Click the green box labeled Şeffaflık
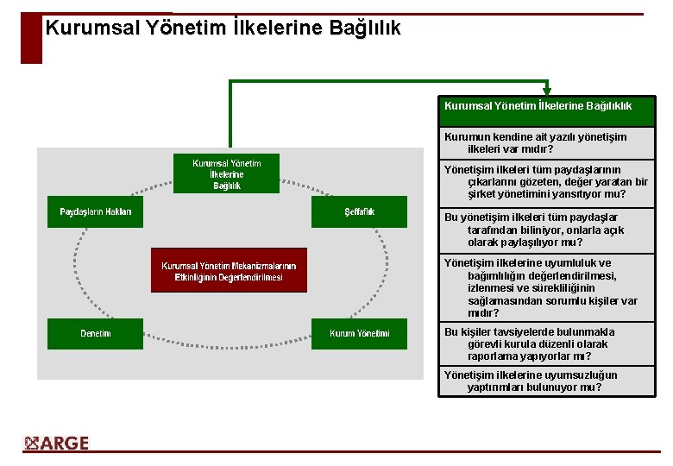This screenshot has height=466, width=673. click(x=359, y=212)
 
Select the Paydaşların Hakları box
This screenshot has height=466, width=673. click(x=95, y=212)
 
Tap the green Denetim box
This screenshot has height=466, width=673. click(x=95, y=334)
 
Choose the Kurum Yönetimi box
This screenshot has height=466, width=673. click(x=359, y=334)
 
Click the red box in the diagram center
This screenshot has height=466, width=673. click(x=229, y=271)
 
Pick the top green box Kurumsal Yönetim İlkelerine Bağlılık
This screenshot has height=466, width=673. click(x=226, y=173)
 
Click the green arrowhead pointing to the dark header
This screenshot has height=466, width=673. click(x=546, y=91)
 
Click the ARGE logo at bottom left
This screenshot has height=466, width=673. click(x=57, y=444)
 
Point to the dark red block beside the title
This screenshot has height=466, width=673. click(x=31, y=39)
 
